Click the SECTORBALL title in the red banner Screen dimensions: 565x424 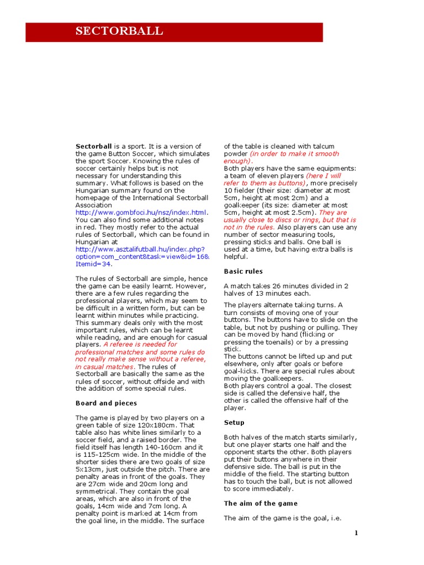coord(119,31)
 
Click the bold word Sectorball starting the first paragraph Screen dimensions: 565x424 coord(93,146)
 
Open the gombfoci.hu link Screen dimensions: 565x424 coord(142,212)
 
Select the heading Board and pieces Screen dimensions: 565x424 coord(106,403)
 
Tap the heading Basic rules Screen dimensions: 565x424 coord(243,271)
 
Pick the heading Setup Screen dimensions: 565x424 coord(234,423)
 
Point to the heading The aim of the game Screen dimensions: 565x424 coord(261,503)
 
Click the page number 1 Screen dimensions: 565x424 coord(357,532)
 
